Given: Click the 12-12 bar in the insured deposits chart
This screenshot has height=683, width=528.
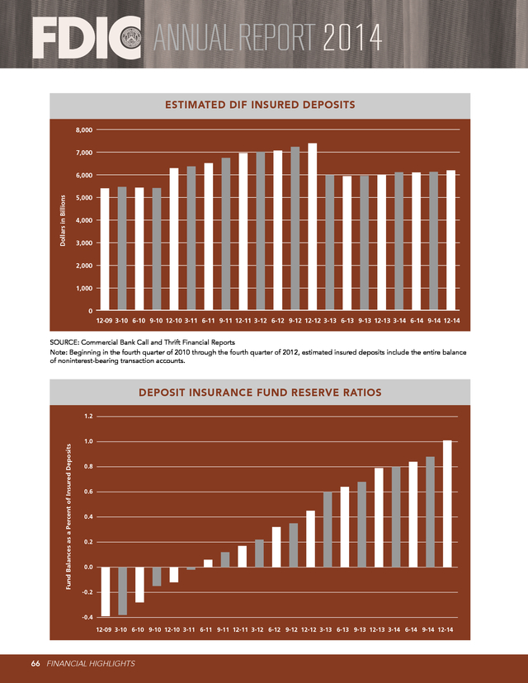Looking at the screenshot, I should pyautogui.click(x=313, y=227).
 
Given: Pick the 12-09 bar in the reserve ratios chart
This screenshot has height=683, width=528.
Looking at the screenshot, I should pyautogui.click(x=105, y=591).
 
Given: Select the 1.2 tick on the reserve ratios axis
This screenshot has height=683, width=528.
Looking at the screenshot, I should pyautogui.click(x=87, y=416).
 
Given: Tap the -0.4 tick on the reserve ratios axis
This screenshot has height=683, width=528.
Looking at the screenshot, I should pyautogui.click(x=87, y=618).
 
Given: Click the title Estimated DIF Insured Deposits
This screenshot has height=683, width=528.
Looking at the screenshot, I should pyautogui.click(x=260, y=105).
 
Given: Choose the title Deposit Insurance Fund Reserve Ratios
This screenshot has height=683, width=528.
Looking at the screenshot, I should pyautogui.click(x=260, y=393).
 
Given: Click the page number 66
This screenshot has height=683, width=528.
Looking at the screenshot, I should pyautogui.click(x=36, y=662).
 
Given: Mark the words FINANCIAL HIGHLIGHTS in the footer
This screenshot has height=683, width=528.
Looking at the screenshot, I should pyautogui.click(x=90, y=662).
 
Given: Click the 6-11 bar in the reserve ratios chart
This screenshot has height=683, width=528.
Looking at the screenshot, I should pyautogui.click(x=208, y=563).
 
